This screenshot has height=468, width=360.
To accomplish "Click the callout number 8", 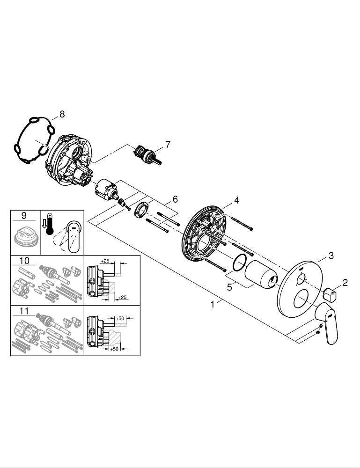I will [x=62, y=114].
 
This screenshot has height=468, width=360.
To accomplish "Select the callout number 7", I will [x=168, y=144].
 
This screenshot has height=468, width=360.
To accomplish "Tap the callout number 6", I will [x=175, y=199].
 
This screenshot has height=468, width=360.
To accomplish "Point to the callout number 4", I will [x=237, y=200].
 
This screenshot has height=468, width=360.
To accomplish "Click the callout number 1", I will [x=213, y=304].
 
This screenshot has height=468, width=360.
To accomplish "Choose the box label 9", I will [x=24, y=216].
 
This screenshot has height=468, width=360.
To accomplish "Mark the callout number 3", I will [x=331, y=256].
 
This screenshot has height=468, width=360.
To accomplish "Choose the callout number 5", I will [x=229, y=287].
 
